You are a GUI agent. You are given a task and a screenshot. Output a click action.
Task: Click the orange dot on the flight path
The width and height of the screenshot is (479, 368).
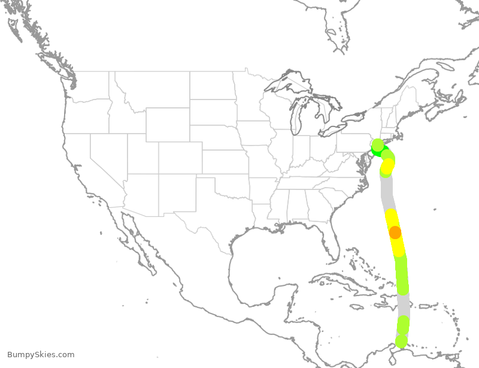pos(395,232)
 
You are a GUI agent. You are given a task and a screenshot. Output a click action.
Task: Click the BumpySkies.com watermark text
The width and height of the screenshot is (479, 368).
pos(41,355)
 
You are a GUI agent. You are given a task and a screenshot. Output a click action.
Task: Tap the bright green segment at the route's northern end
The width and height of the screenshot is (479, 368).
pos(377,151)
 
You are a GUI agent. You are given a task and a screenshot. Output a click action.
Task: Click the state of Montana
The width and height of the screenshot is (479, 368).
pos(153,90)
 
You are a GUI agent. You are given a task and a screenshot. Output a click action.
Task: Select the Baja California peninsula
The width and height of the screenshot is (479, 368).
pos(135,240)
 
